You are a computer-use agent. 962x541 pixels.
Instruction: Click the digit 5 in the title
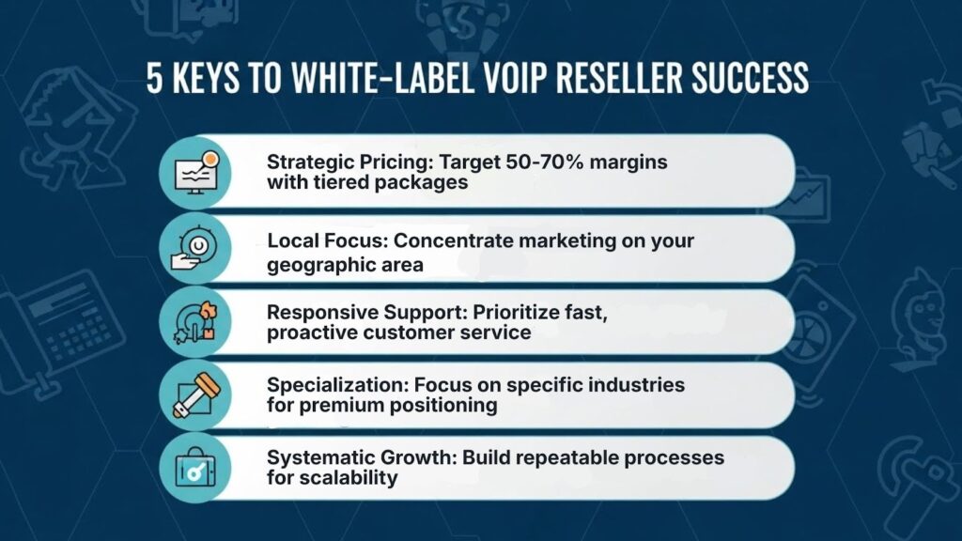coord(155,77)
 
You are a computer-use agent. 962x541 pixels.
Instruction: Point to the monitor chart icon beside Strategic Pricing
coord(195,173)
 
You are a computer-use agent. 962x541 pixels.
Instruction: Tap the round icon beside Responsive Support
coord(195,321)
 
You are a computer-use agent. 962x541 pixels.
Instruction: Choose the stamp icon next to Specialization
coord(195,395)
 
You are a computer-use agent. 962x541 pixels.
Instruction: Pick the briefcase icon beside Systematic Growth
coord(195,468)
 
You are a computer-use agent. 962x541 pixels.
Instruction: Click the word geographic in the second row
coord(319,266)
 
